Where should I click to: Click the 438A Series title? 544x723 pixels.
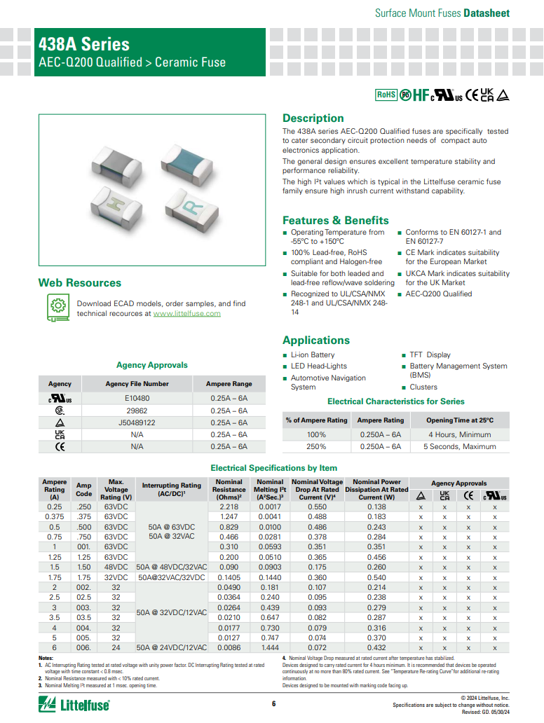84,44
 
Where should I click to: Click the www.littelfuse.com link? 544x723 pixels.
186,314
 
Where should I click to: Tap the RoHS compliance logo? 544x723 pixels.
386,95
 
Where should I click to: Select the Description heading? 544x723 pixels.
313,118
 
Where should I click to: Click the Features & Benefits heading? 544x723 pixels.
335,220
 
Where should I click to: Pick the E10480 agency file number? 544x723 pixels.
137,398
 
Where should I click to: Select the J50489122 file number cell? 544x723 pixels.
137,422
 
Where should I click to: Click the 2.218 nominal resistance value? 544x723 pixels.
229,507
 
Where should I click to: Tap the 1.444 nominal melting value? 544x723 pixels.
270,648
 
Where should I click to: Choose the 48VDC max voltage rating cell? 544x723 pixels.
116,567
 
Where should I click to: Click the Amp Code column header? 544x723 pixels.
83,489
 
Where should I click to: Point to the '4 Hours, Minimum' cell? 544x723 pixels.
459,434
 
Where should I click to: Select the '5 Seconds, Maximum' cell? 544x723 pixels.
459,446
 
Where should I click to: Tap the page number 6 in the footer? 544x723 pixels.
273,704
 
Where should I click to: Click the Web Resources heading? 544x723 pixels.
80,283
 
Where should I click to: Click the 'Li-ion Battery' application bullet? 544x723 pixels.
313,355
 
